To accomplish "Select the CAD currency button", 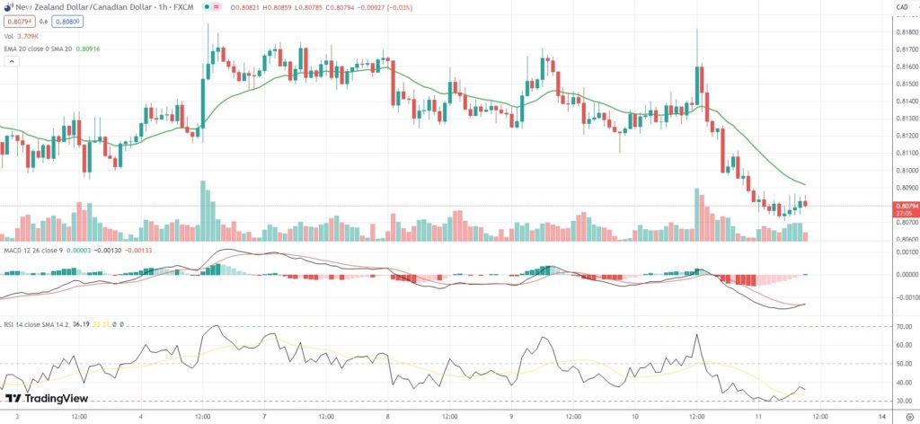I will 901,8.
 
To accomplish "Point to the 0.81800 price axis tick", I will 905,32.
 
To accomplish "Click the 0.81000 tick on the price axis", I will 905,171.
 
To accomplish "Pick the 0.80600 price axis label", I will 905,240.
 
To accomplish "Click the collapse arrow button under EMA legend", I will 12,62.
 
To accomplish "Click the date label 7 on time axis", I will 265,417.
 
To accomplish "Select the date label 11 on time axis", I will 758,417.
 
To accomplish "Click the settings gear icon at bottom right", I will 910,417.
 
